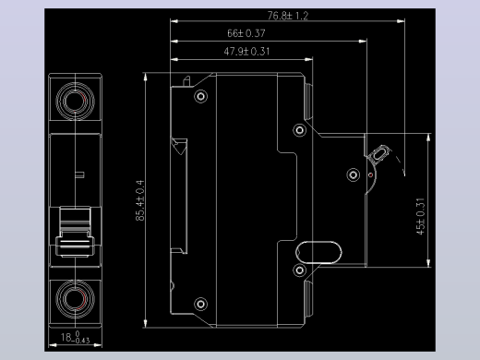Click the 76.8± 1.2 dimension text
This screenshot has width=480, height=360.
[x=288, y=16]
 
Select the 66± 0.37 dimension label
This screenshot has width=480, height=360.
[x=246, y=33]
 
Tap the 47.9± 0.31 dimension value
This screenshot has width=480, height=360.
[x=246, y=51]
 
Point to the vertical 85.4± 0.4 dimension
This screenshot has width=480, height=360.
[x=139, y=200]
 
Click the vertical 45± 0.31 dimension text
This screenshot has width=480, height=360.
[x=420, y=216]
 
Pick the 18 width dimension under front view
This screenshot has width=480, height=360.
[x=75, y=337]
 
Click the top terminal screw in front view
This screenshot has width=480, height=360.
[x=76, y=101]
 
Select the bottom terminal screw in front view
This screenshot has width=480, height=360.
[x=76, y=299]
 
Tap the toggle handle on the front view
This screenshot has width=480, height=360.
[x=75, y=233]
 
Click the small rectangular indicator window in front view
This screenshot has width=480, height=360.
[x=79, y=174]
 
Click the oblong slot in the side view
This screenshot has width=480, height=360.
[x=318, y=253]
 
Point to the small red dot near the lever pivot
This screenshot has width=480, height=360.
[x=370, y=175]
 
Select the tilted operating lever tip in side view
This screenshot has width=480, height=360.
[x=380, y=153]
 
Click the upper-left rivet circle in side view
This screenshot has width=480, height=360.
[x=201, y=97]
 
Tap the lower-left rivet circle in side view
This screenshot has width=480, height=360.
[x=201, y=305]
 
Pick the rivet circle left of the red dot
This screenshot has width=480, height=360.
[x=354, y=175]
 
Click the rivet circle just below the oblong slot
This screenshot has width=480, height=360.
[x=299, y=270]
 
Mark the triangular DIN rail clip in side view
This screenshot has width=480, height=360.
[x=179, y=147]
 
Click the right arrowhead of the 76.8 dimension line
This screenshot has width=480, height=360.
[x=401, y=21]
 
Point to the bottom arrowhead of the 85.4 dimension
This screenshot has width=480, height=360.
[x=145, y=323]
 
